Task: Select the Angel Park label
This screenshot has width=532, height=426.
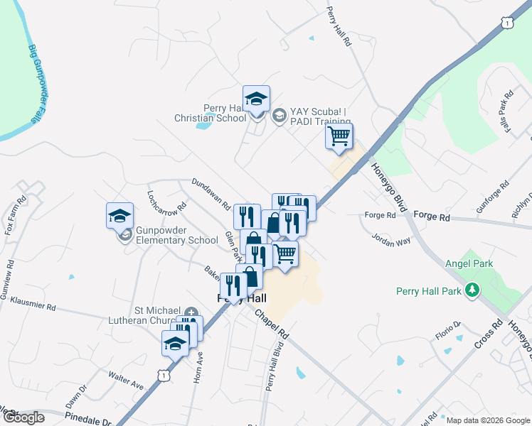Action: pyautogui.click(x=469, y=264)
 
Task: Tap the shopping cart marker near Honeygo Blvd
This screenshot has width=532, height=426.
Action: pyautogui.click(x=339, y=136)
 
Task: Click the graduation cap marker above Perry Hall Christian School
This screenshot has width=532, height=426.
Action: pyautogui.click(x=256, y=99)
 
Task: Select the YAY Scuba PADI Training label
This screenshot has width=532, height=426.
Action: pyautogui.click(x=319, y=116)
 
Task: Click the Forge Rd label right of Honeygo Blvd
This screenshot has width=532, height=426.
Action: pyautogui.click(x=432, y=214)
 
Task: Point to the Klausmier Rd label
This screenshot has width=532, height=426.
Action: pyautogui.click(x=33, y=305)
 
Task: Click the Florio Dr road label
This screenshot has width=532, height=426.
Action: pyautogui.click(x=448, y=331)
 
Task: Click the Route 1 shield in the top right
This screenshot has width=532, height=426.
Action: pyautogui.click(x=506, y=23)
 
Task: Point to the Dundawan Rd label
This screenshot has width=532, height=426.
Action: pyautogui.click(x=211, y=193)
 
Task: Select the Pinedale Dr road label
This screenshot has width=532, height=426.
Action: pyautogui.click(x=88, y=420)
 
